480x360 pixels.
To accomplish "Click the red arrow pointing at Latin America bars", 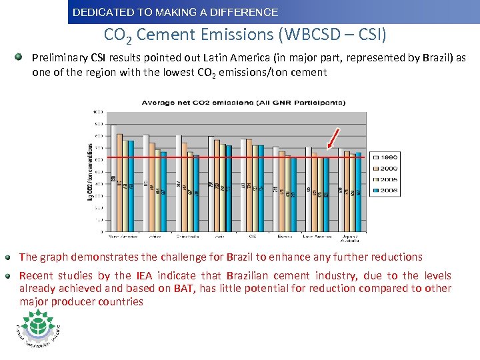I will point(333,137).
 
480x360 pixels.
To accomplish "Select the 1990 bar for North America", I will point(113,180).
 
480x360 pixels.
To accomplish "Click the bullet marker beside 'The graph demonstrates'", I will point(9,257).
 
